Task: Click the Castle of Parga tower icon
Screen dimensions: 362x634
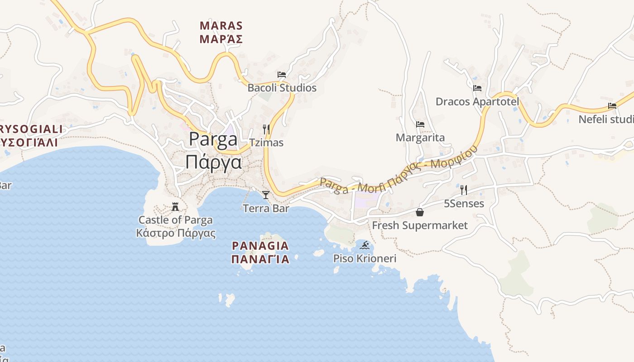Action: click(175, 207)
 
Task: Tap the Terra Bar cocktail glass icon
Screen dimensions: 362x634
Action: click(266, 195)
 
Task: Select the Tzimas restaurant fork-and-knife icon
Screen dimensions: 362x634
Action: click(266, 129)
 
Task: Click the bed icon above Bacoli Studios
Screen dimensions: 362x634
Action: click(282, 75)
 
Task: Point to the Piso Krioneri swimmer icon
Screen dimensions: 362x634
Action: click(365, 246)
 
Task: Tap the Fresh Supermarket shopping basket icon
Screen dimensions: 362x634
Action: click(420, 212)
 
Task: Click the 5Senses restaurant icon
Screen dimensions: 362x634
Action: click(463, 190)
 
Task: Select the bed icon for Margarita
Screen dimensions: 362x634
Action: click(420, 124)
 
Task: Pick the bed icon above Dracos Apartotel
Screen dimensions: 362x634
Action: click(477, 88)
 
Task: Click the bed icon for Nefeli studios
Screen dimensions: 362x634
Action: click(612, 106)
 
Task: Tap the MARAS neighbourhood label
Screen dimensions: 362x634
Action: click(221, 25)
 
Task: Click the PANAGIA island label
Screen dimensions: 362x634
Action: click(260, 246)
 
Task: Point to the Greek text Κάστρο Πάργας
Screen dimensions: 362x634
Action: click(176, 233)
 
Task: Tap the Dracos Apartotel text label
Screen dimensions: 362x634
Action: click(477, 101)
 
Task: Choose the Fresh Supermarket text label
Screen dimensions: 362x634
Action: click(420, 225)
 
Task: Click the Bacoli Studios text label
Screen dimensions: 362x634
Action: click(282, 88)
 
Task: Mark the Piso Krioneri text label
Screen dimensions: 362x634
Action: click(365, 258)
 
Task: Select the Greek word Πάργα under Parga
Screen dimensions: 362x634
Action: click(213, 162)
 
